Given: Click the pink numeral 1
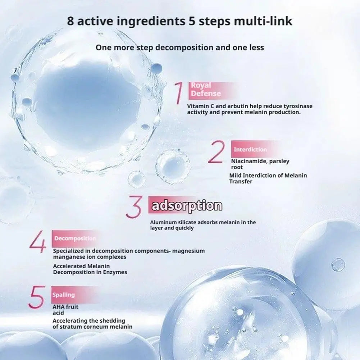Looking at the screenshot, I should click(x=179, y=94).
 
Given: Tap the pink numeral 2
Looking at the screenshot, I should click(x=216, y=152).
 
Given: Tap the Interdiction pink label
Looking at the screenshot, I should click(x=250, y=149).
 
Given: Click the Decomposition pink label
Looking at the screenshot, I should click(x=75, y=238).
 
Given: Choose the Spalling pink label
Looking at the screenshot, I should click(x=64, y=295).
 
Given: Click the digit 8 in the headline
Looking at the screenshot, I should click(x=71, y=21).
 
